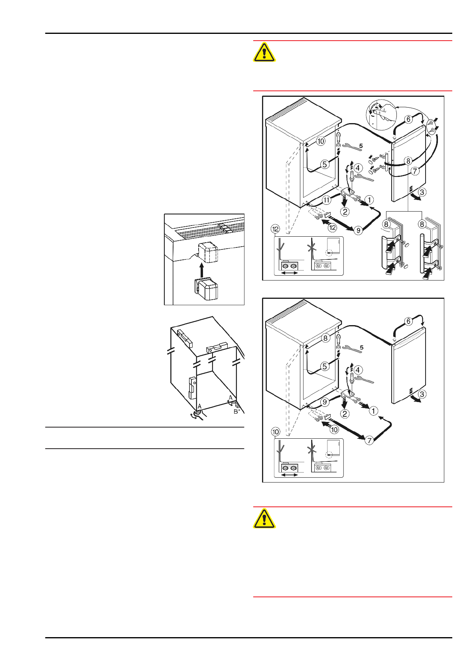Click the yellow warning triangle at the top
pyautogui.click(x=264, y=52)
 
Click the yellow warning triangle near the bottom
pyautogui.click(x=264, y=518)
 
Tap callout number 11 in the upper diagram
pyautogui.click(x=327, y=200)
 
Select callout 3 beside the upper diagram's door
pyautogui.click(x=422, y=192)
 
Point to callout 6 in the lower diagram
pyautogui.click(x=408, y=321)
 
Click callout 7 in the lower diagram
pyautogui.click(x=369, y=440)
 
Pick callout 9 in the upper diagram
pyautogui.click(x=358, y=230)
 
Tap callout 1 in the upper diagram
pyautogui.click(x=369, y=200)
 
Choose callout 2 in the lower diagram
pyautogui.click(x=345, y=414)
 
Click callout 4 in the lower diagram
pyautogui.click(x=358, y=370)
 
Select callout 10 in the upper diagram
pyautogui.click(x=321, y=141)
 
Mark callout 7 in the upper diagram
pyautogui.click(x=415, y=171)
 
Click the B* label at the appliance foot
pyautogui.click(x=237, y=411)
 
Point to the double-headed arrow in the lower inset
pyautogui.click(x=290, y=475)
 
